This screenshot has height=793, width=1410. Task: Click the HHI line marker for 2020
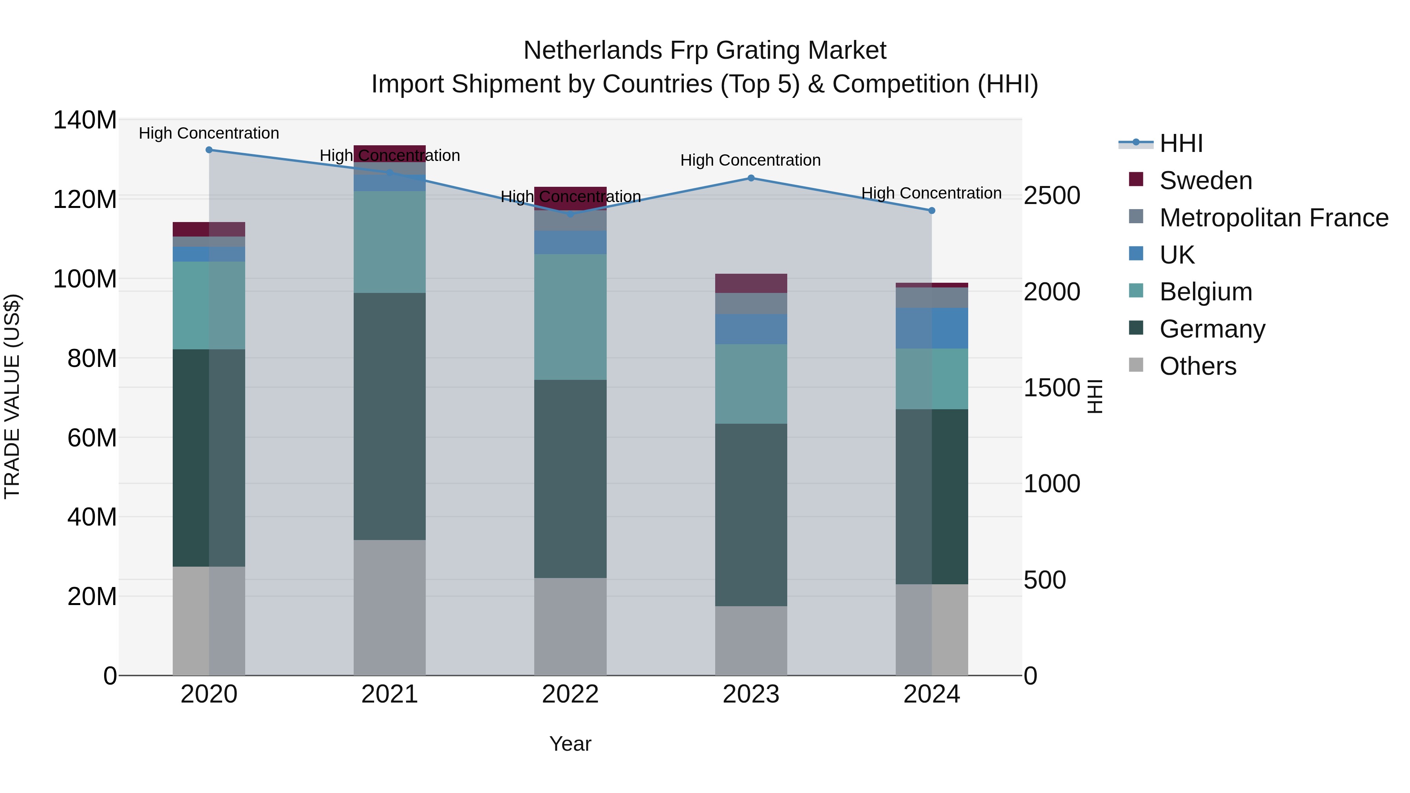pos(209,150)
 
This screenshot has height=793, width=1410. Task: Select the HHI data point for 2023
pos(751,178)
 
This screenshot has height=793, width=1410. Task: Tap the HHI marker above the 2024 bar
pos(932,211)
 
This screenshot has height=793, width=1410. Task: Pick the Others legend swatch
pos(1136,365)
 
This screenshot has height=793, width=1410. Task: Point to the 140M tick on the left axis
pos(85,120)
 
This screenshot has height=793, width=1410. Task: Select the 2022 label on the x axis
pos(570,694)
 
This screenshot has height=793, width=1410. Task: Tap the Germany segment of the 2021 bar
pos(390,416)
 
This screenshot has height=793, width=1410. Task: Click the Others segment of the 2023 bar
pos(751,640)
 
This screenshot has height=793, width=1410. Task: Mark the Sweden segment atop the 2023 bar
pos(751,283)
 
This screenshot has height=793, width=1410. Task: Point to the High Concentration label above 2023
pos(750,160)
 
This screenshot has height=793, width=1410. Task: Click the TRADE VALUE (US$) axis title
pos(12,396)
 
